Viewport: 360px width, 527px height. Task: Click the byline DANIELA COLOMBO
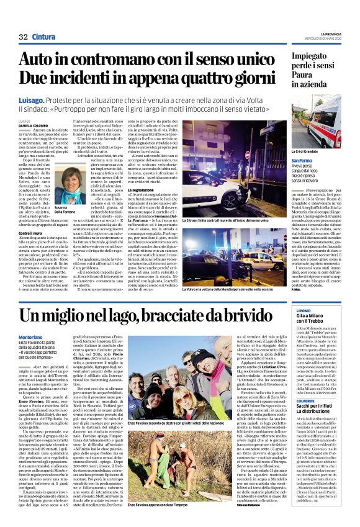(x=37, y=126)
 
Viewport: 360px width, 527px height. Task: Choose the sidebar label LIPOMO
(x=304, y=328)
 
